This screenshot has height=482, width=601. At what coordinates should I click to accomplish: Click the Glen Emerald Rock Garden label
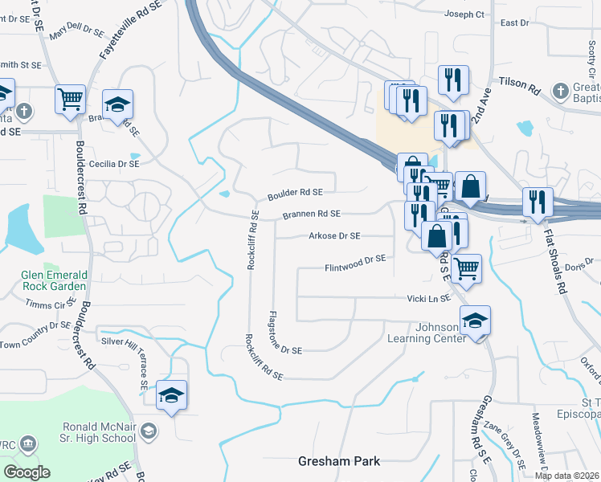tap(54, 279)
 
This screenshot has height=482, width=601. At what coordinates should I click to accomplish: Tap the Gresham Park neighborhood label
tap(338, 461)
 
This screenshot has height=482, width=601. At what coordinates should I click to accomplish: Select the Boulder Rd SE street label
tap(295, 193)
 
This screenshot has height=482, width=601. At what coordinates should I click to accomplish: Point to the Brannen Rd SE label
tap(311, 214)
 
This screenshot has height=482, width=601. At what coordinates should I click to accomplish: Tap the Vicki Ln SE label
tap(429, 297)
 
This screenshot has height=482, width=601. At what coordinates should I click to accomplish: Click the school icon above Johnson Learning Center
tap(475, 320)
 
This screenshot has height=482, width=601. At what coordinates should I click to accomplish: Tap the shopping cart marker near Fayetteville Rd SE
tap(70, 99)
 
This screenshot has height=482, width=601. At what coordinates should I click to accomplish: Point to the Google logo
tap(27, 472)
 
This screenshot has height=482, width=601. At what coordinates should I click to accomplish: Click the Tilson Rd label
tap(520, 82)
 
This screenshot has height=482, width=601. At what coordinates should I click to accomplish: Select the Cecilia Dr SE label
tap(114, 163)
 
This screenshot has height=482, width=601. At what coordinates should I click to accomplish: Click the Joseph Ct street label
tap(465, 14)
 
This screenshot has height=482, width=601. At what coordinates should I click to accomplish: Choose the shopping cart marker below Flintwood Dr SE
tap(466, 268)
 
